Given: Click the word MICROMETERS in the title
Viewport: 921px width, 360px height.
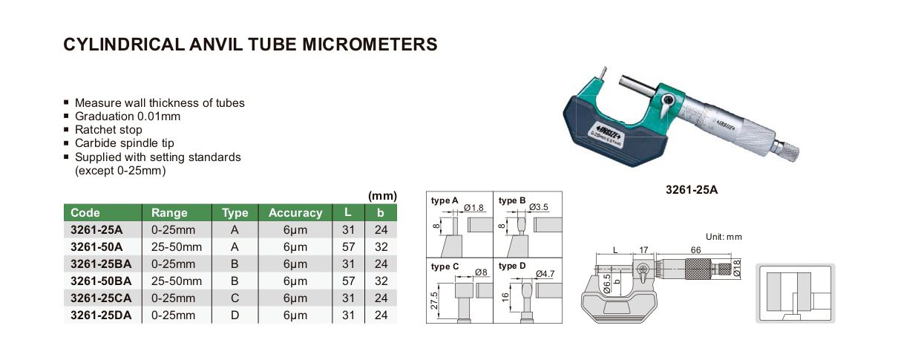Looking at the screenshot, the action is [370, 45].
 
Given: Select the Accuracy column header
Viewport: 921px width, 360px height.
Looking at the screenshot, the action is [295, 213].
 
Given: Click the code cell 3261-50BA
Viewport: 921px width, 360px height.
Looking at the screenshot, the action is [101, 281].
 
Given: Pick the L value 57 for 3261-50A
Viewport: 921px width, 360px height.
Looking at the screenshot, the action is [348, 247].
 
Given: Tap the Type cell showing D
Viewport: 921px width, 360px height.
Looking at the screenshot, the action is [235, 315].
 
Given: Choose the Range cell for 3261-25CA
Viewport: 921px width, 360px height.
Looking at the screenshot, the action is [173, 298].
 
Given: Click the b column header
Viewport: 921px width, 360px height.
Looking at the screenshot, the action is [380, 213].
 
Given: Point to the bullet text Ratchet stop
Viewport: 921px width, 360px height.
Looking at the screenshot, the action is [108, 130].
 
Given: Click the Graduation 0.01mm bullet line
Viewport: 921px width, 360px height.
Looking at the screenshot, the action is [128, 116].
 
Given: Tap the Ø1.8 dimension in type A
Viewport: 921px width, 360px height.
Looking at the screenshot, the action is [474, 208].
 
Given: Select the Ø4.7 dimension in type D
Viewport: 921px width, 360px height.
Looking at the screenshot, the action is [545, 274].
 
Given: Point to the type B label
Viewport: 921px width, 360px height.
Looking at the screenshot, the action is [512, 200].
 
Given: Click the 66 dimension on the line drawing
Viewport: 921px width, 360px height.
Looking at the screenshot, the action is [695, 249].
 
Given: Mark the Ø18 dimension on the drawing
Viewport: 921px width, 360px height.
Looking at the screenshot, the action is [736, 268].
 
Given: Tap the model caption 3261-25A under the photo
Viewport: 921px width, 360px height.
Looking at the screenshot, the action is [692, 190].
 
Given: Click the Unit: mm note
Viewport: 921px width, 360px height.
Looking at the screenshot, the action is [724, 237].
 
